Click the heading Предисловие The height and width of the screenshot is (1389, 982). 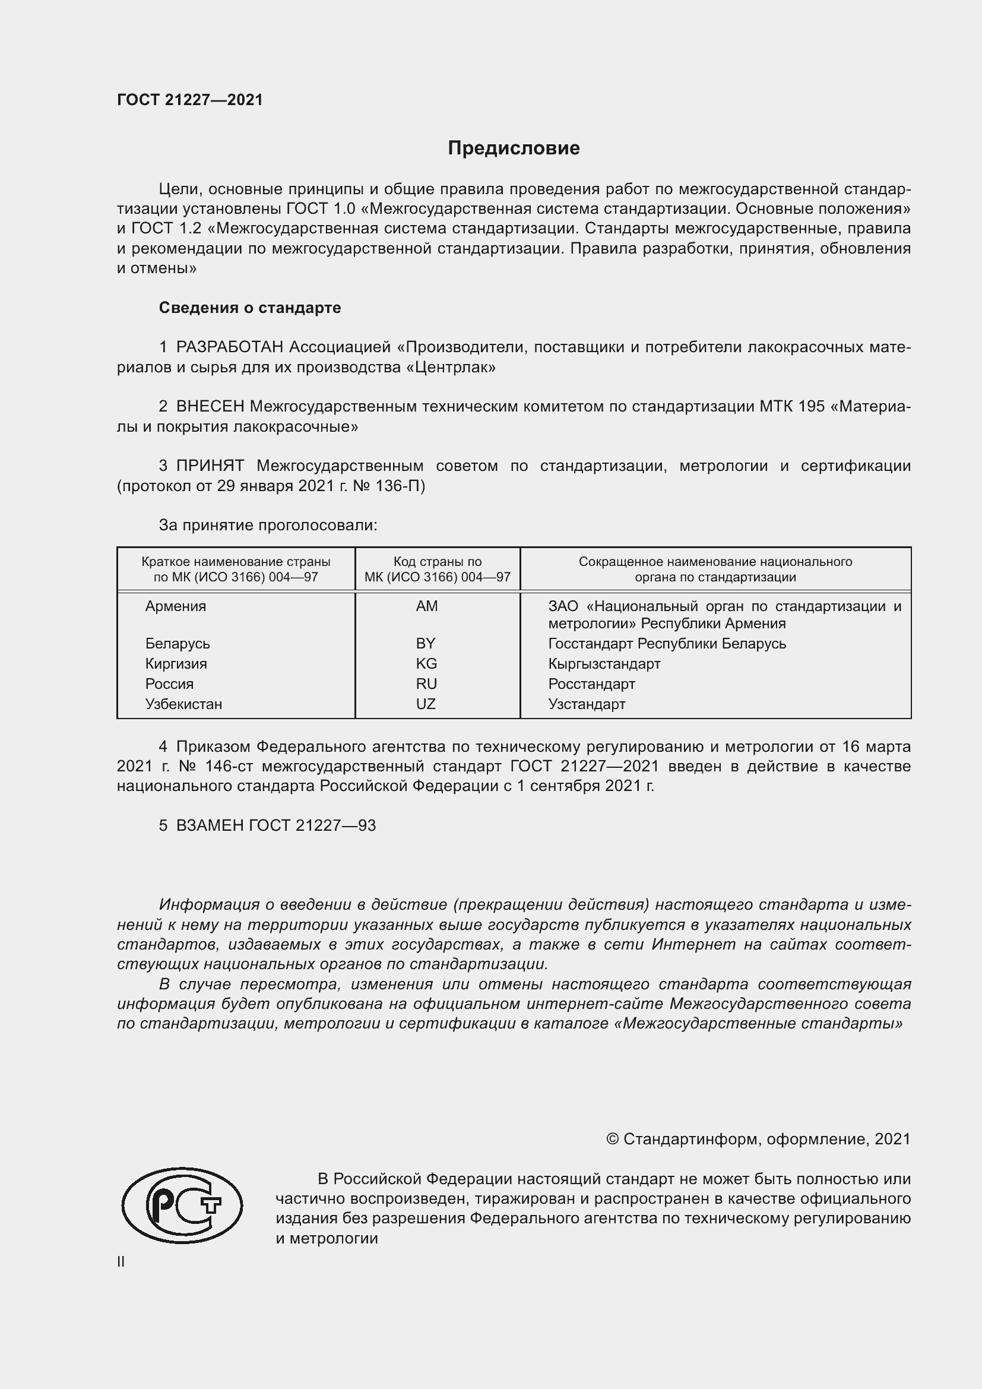[514, 148]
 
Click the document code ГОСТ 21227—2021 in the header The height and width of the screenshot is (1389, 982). [190, 100]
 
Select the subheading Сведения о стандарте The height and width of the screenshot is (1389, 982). [250, 308]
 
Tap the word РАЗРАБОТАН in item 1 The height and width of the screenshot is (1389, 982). [229, 347]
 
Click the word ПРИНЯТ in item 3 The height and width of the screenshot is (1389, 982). [210, 466]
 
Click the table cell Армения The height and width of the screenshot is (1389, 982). [175, 606]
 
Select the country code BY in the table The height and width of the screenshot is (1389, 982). [426, 643]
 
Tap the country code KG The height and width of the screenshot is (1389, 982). [426, 664]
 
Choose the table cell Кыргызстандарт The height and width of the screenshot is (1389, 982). [604, 664]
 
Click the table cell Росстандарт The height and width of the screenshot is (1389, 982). [591, 684]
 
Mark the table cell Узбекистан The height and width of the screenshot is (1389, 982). [183, 704]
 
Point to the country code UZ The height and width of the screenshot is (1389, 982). [426, 704]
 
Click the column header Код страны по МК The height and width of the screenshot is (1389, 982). [437, 569]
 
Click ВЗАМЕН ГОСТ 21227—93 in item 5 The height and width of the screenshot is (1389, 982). [275, 826]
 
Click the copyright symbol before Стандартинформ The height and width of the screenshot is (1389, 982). [612, 1139]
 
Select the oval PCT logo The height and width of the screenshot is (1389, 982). [182, 1206]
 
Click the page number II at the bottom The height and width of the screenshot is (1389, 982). [121, 1261]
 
